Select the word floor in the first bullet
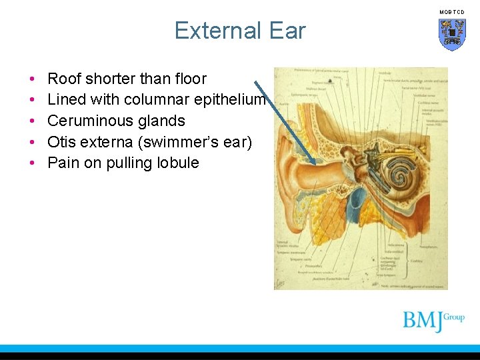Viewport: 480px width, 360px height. (x=189, y=79)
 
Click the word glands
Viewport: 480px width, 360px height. (x=162, y=121)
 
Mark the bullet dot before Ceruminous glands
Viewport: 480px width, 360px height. (x=32, y=121)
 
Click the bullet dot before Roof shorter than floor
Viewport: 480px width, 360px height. (x=32, y=79)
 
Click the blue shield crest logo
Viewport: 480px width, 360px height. (x=452, y=34)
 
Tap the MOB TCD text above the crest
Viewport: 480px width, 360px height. (x=452, y=12)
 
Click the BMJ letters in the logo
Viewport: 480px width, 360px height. (x=423, y=321)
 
